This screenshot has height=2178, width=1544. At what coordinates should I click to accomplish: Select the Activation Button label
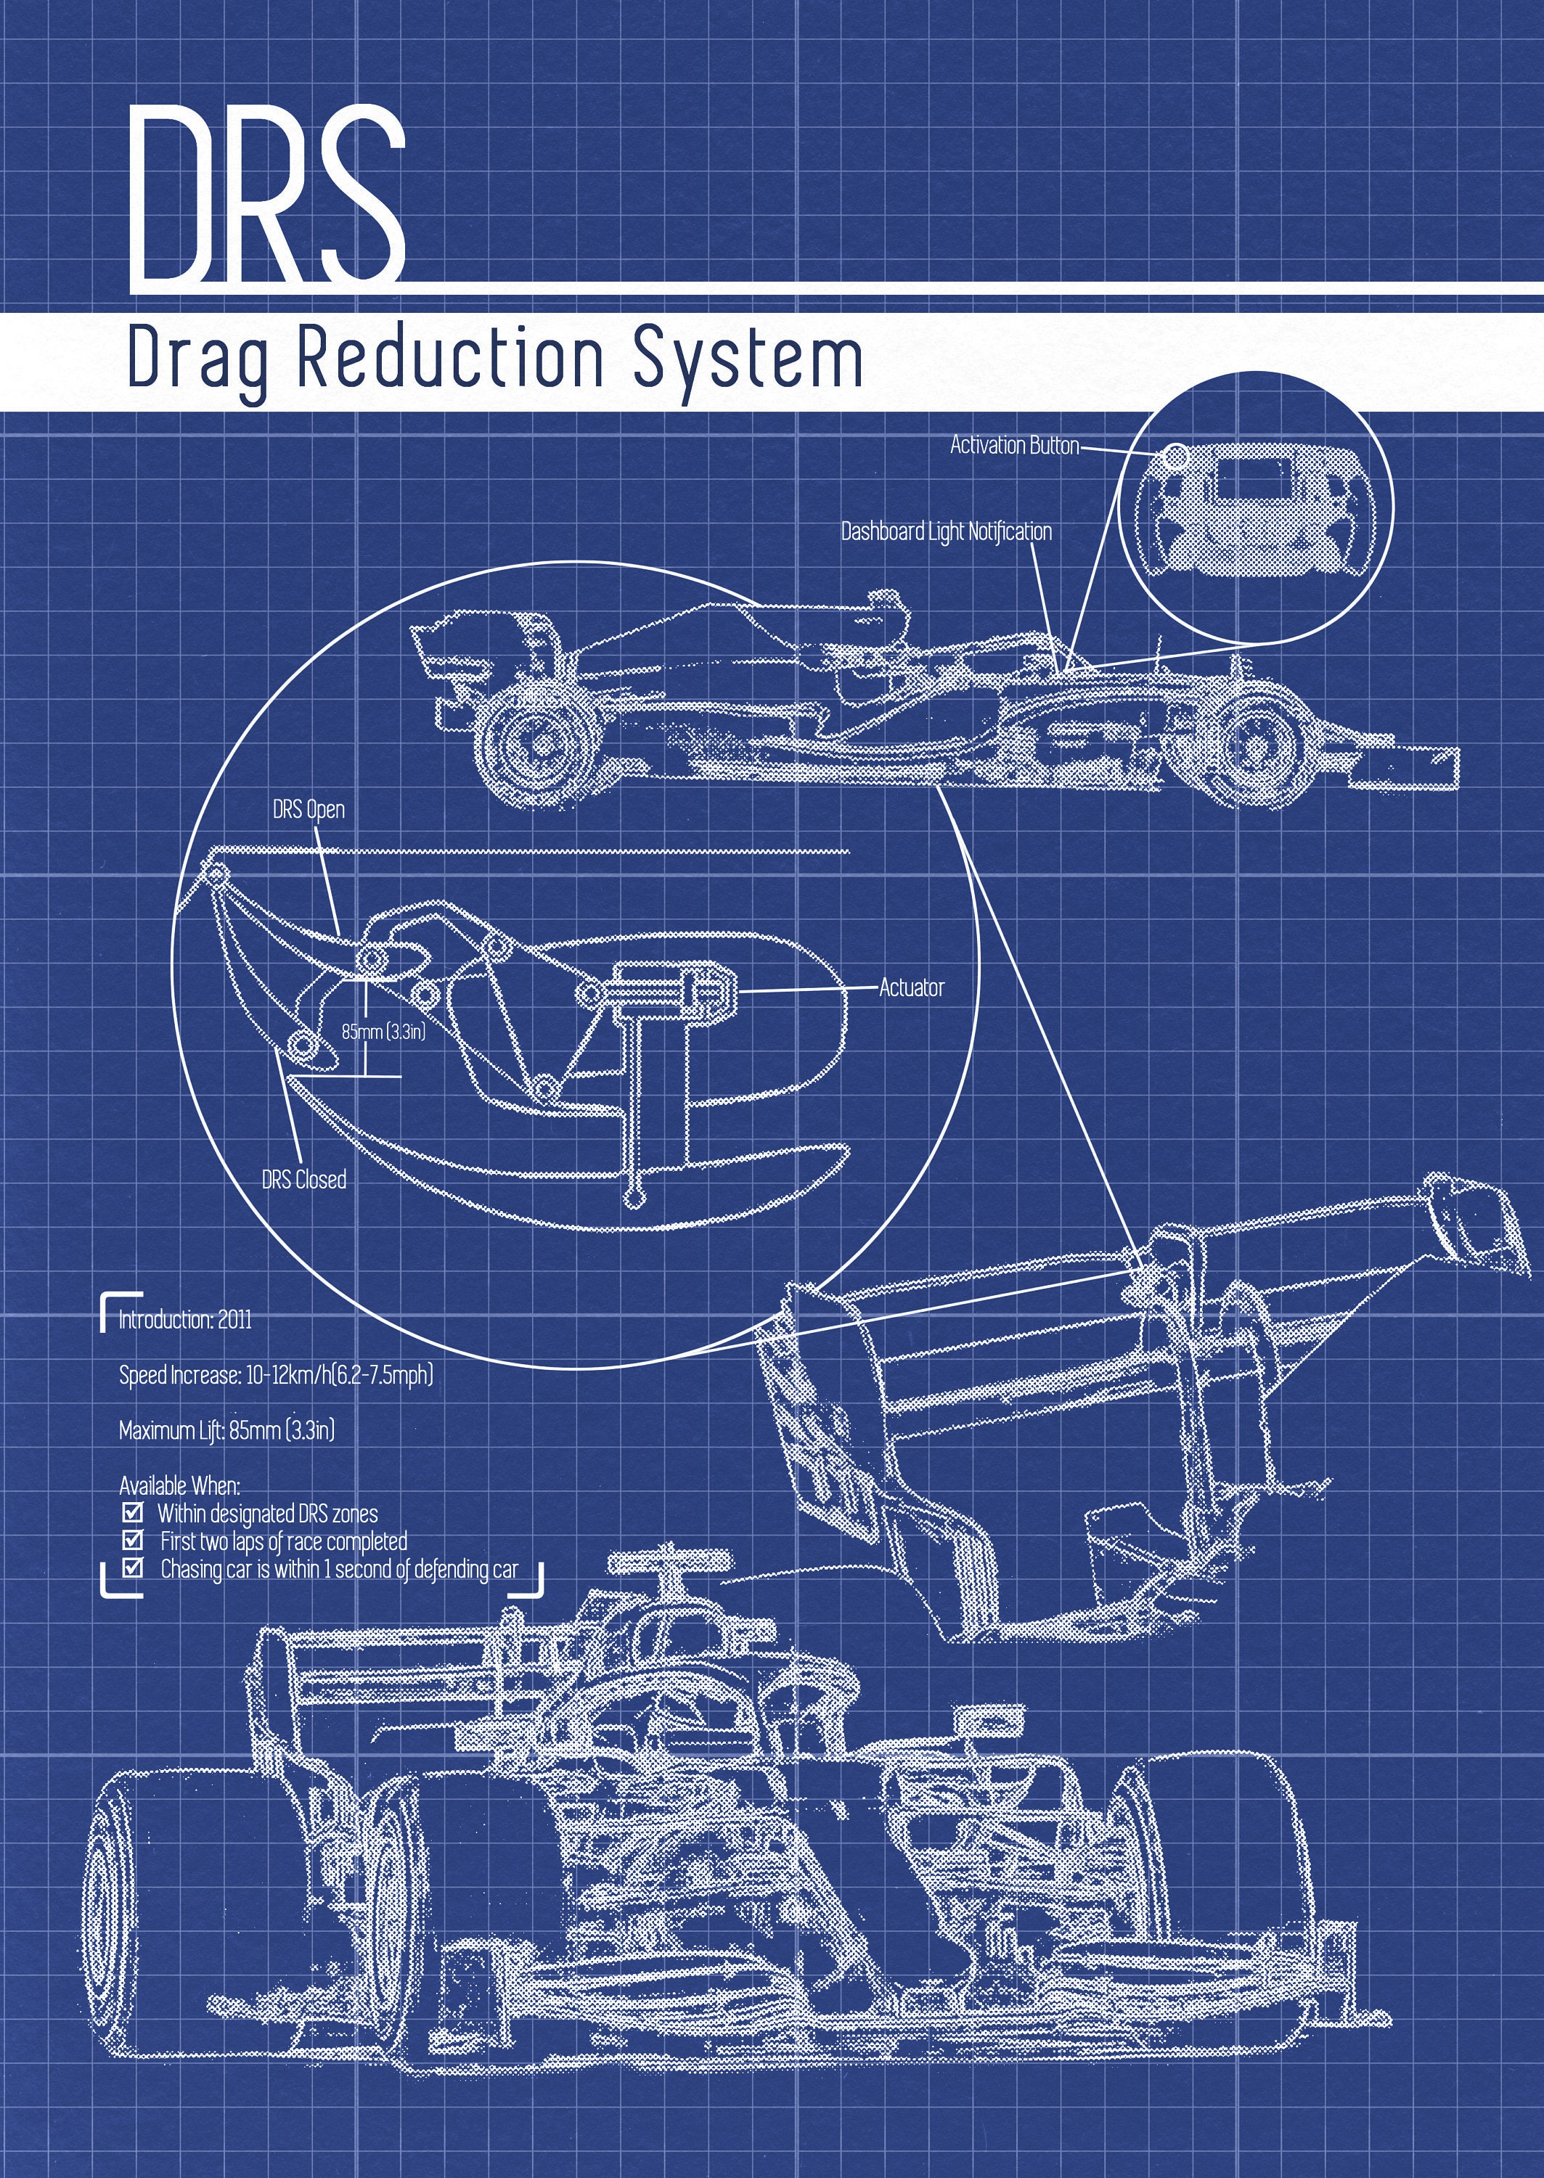pos(1014,445)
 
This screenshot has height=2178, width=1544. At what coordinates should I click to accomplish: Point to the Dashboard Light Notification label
pos(946,531)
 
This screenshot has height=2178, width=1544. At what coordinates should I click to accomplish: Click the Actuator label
pos(911,988)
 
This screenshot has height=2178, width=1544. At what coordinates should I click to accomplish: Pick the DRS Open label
pos(308,810)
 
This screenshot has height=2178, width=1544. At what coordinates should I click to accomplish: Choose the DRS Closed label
pos(304,1180)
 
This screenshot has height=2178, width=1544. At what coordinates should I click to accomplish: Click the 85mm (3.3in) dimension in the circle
pos(383,1030)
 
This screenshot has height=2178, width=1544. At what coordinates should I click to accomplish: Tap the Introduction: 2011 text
pos(185,1320)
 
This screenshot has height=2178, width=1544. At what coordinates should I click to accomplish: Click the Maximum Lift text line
pos(226,1429)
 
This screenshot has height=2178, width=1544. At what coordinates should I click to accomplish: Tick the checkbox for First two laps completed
pos(132,1539)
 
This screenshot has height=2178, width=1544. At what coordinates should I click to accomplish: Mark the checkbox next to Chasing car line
pos(132,1567)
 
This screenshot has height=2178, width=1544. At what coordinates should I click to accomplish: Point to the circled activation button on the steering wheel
pos(1176,457)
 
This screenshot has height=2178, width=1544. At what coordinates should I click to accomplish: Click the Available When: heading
pos(180,1485)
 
